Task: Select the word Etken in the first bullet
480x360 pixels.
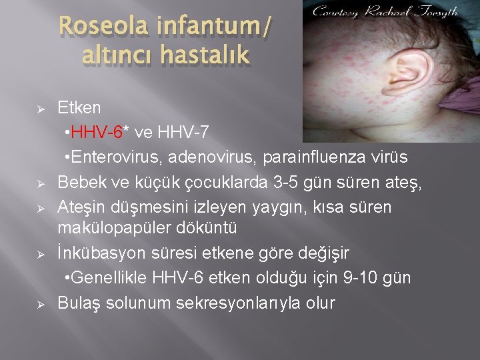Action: pos(79,107)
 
